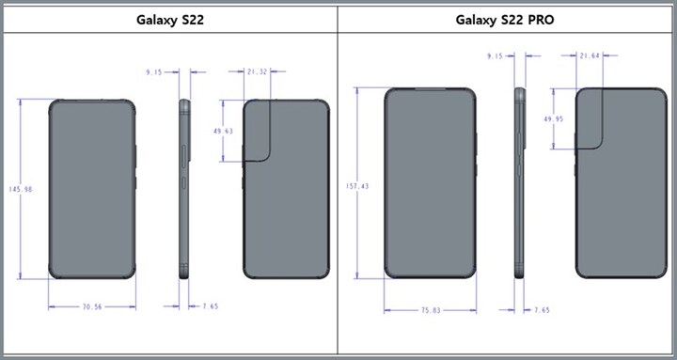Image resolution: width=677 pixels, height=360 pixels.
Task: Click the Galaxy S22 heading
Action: pos(170,19)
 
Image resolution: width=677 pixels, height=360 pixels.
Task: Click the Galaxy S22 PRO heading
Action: pos(506,19)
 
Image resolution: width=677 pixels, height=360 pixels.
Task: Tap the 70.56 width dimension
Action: pos(91,306)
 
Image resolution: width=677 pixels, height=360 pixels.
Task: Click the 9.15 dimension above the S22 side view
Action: pos(155,70)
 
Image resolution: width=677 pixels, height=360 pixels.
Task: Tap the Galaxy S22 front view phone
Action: pos(91,188)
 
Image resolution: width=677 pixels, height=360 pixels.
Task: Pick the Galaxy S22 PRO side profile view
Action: pos(519,182)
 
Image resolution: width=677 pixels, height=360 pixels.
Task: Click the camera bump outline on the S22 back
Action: pos(260,131)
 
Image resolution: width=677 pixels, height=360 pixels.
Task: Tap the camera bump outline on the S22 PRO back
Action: pos(590,117)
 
